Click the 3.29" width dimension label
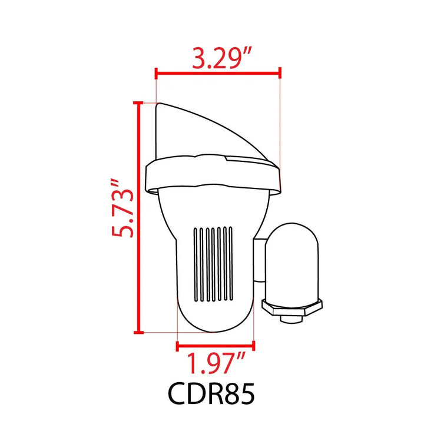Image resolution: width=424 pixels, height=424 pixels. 222,58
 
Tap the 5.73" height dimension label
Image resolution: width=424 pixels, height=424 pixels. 122,208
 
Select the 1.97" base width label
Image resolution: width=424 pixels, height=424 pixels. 216,363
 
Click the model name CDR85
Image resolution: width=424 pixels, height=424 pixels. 211,393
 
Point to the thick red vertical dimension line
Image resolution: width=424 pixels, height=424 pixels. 139,218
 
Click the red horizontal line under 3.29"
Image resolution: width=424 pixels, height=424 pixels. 218,73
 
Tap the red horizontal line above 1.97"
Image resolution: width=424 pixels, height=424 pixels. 216,346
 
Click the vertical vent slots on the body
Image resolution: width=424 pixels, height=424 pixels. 213,264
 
